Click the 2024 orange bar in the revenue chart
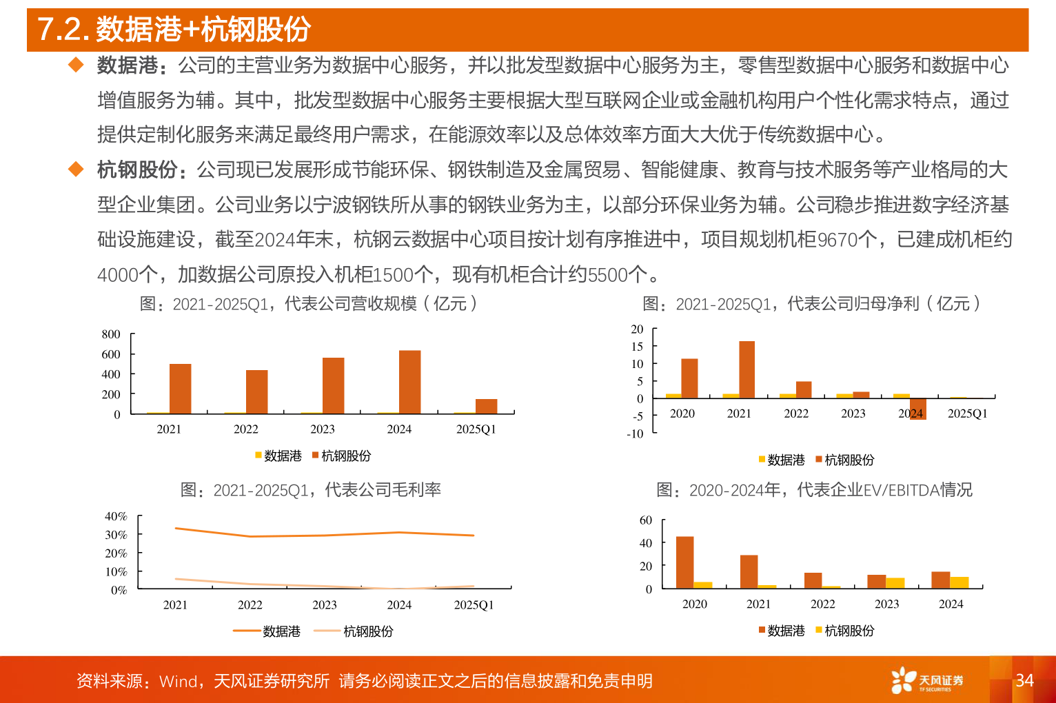pos(409,383)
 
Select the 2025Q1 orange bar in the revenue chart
pos(486,406)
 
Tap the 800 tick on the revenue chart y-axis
pos(111,334)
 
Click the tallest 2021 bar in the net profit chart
pos(747,369)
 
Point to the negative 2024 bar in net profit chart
pos(917,409)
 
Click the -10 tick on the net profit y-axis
pos(635,434)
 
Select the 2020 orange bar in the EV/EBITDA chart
pos(684,562)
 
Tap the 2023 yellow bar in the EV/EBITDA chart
pos(895,583)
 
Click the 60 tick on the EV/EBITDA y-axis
pos(646,520)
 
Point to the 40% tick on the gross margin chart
pos(116,516)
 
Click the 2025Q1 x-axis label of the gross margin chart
pos(474,605)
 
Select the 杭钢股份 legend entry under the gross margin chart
pos(367,631)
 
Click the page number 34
pos(1024,680)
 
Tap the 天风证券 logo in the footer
pos(927,680)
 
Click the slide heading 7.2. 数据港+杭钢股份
pos(174,29)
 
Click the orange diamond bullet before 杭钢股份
pos(76,170)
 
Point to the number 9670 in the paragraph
pos(837,240)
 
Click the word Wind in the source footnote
pos(179,682)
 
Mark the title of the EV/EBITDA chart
pos(814,490)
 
